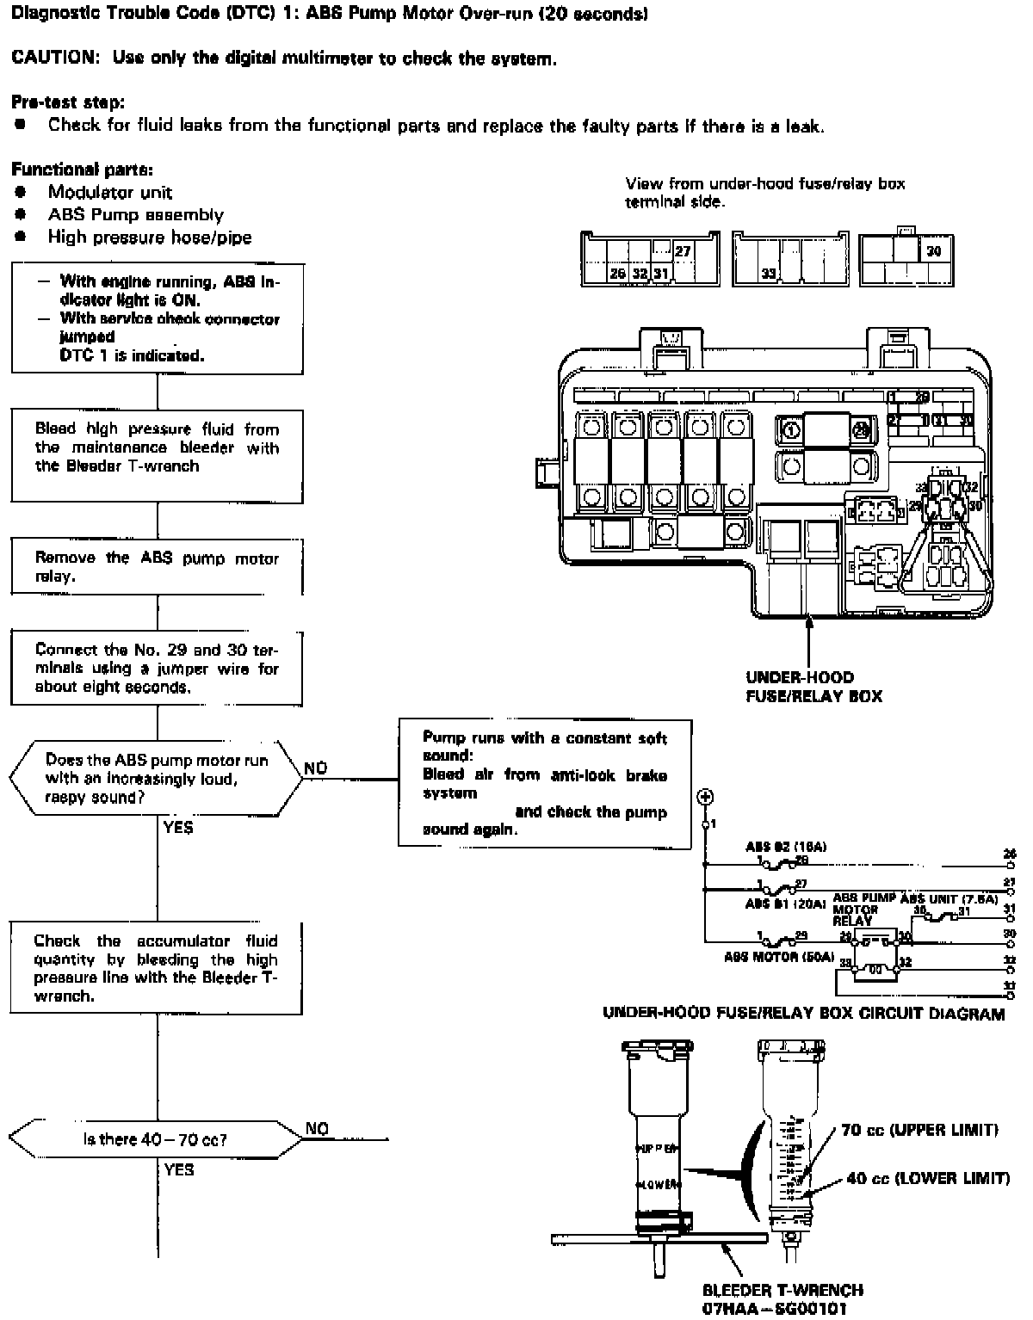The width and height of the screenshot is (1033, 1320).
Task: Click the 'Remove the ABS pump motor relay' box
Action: click(x=157, y=567)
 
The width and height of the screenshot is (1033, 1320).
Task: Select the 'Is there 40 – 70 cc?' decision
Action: click(x=156, y=1139)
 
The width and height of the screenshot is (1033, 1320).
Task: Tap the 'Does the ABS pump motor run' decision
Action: click(x=156, y=778)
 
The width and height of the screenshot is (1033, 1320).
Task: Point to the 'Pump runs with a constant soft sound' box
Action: click(x=544, y=783)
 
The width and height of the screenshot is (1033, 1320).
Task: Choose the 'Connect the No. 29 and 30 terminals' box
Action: click(x=157, y=668)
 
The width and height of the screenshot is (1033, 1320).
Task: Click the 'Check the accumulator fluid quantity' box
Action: click(x=157, y=968)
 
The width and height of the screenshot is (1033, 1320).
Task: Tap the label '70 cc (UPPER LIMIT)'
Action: click(x=919, y=1130)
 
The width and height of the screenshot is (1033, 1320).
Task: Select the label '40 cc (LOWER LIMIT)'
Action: click(x=927, y=1178)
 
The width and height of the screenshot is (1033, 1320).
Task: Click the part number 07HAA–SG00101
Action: click(x=782, y=1309)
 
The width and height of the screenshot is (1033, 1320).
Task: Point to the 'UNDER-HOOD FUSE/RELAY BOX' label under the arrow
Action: click(x=813, y=687)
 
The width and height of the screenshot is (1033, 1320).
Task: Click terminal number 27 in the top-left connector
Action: click(x=683, y=252)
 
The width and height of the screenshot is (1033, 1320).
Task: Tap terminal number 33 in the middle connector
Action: click(x=769, y=274)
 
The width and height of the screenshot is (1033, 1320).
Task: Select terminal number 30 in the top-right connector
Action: click(x=934, y=251)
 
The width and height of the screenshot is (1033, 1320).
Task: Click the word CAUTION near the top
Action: click(x=53, y=59)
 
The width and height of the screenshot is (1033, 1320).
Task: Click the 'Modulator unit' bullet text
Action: click(x=109, y=192)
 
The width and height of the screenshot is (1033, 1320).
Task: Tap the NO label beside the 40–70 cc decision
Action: click(x=318, y=1129)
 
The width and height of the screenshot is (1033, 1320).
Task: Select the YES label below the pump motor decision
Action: click(x=178, y=828)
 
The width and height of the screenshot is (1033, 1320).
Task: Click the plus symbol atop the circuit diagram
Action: click(x=704, y=797)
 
